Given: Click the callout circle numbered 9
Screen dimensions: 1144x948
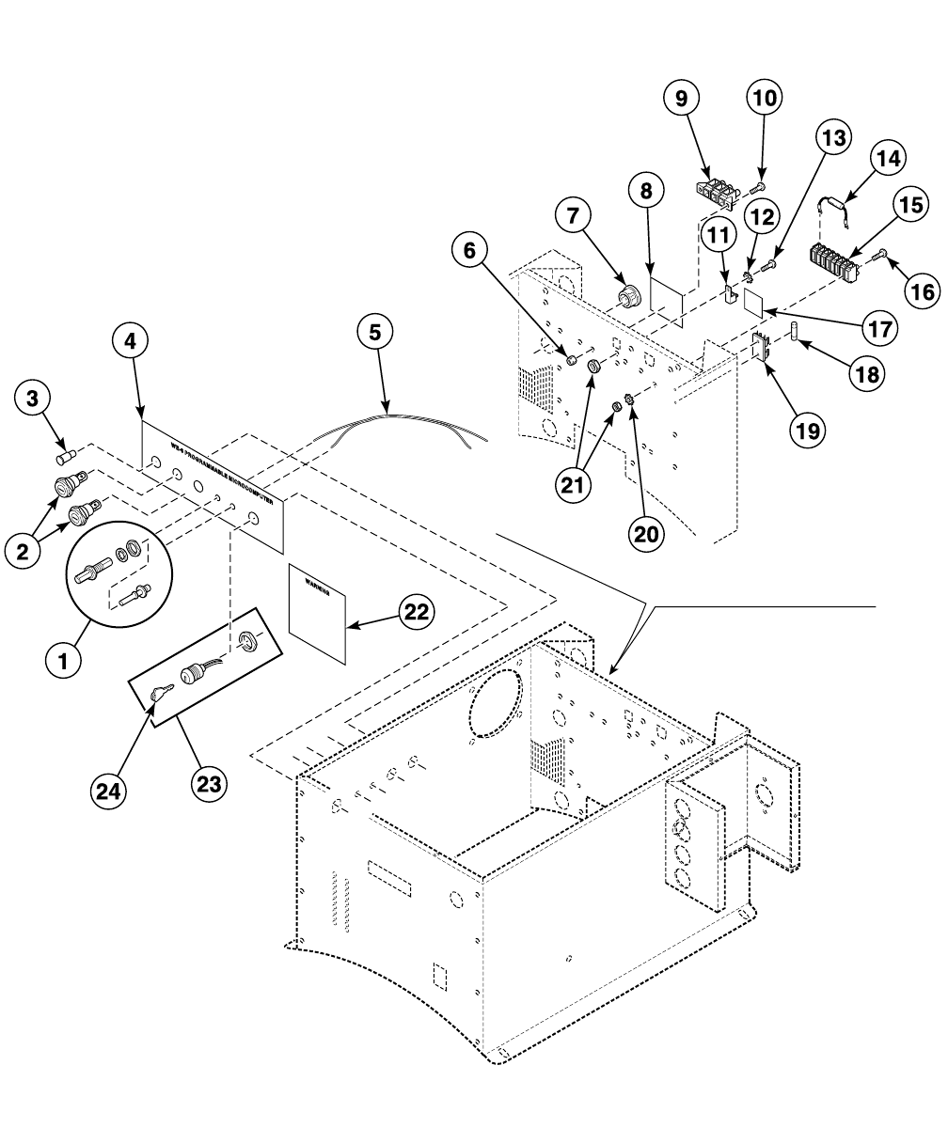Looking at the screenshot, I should pyautogui.click(x=682, y=98).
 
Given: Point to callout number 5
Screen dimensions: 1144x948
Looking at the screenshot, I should pyautogui.click(x=375, y=332).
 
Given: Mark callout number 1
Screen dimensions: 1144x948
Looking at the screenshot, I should pyautogui.click(x=63, y=660).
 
